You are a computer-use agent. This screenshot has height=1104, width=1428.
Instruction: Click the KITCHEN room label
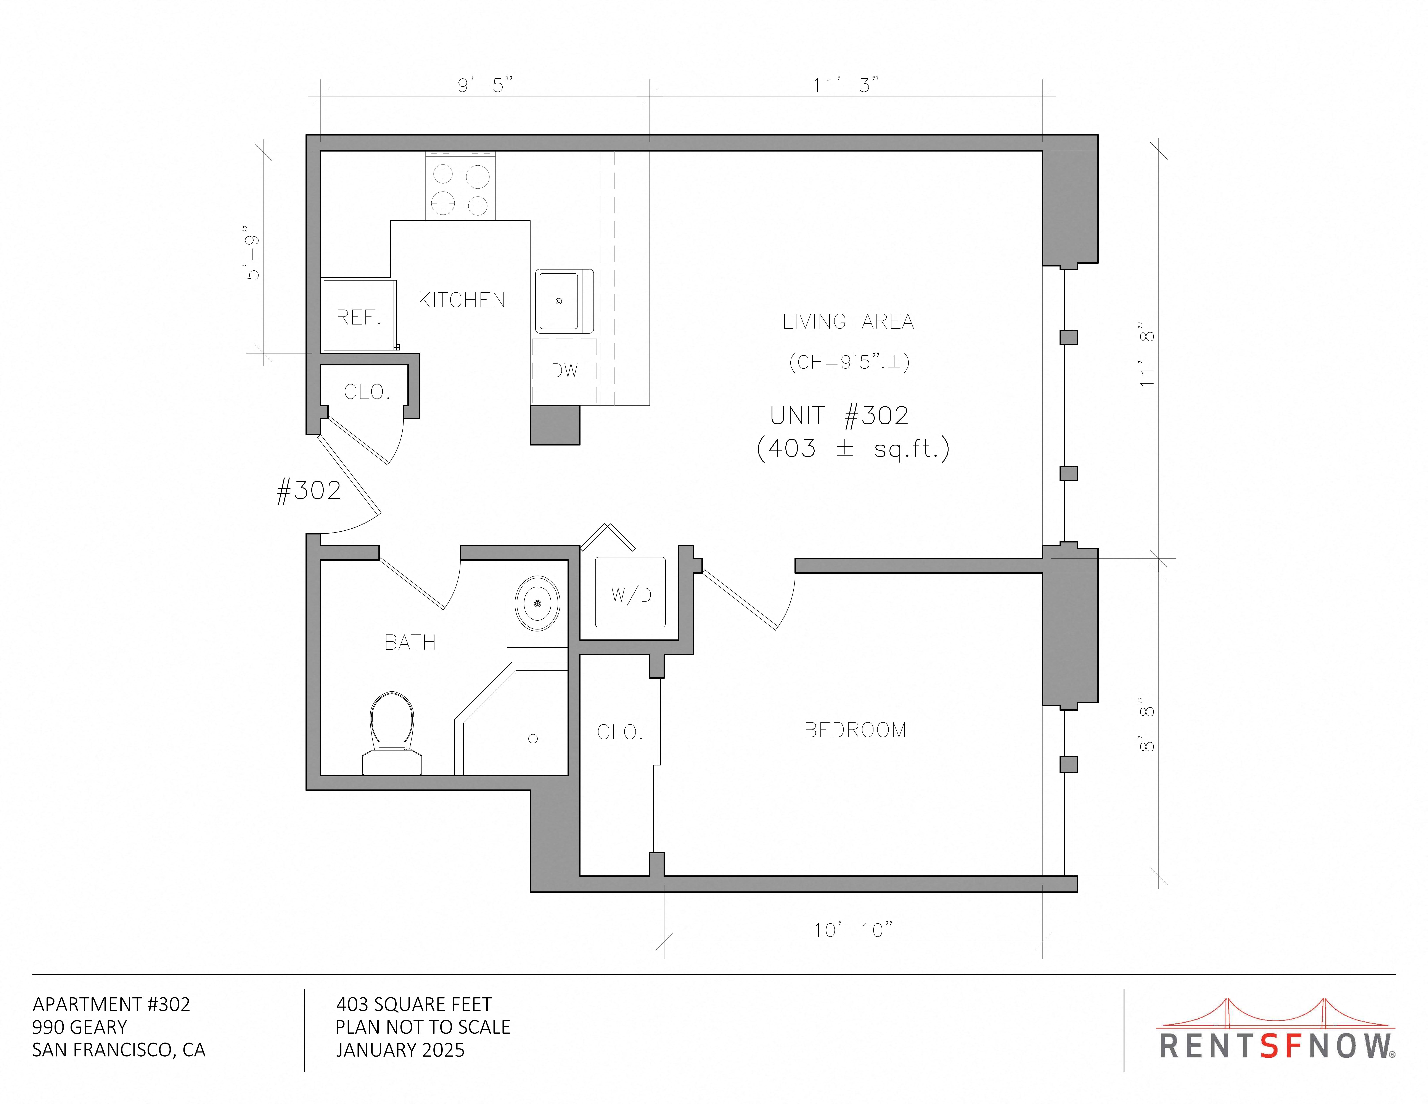[x=462, y=300]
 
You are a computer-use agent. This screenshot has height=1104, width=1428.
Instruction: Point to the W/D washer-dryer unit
[x=630, y=592]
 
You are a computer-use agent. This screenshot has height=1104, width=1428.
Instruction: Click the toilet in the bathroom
[x=392, y=733]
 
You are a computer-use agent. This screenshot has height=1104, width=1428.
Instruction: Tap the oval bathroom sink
[x=537, y=603]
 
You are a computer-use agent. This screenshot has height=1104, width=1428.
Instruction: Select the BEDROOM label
[x=855, y=730]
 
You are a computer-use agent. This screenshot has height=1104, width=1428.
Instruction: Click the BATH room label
[x=410, y=642]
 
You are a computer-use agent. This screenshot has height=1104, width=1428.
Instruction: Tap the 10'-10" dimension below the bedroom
[x=853, y=929]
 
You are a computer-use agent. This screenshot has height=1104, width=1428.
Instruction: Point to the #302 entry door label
[x=309, y=491]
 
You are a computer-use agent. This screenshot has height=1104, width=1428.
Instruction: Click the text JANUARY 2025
[x=400, y=1050]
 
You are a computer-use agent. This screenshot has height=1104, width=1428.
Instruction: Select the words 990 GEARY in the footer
[x=80, y=1027]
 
